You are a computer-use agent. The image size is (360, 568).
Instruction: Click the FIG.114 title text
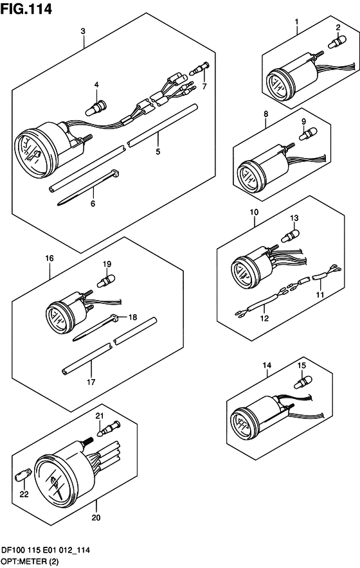26,9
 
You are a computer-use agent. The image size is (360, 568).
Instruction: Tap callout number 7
204,87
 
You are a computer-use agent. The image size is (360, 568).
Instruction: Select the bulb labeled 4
96,107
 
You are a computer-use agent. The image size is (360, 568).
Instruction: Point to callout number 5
158,152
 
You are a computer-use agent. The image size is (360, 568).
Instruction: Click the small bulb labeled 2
337,41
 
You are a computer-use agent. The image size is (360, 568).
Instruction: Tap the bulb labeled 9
308,134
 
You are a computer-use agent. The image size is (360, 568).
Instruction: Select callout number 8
266,114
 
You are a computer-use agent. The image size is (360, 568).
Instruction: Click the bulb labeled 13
291,236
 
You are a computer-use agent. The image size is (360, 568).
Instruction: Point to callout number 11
319,295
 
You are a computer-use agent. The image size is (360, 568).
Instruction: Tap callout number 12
265,319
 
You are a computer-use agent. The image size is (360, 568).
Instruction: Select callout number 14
267,365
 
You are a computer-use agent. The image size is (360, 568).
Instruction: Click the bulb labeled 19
105,280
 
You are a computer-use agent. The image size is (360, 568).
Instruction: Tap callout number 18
132,317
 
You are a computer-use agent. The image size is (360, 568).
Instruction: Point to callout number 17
91,382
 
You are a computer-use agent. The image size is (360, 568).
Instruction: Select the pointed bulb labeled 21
109,428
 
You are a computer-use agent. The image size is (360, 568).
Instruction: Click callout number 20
96,518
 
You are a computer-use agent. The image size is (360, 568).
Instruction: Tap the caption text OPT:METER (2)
30,562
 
